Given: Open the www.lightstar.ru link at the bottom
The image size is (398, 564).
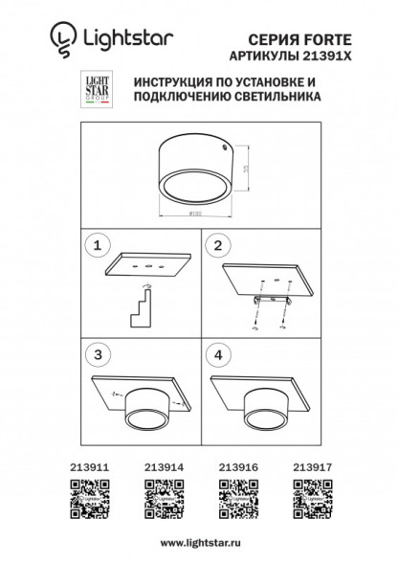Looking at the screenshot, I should tap(199, 541).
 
